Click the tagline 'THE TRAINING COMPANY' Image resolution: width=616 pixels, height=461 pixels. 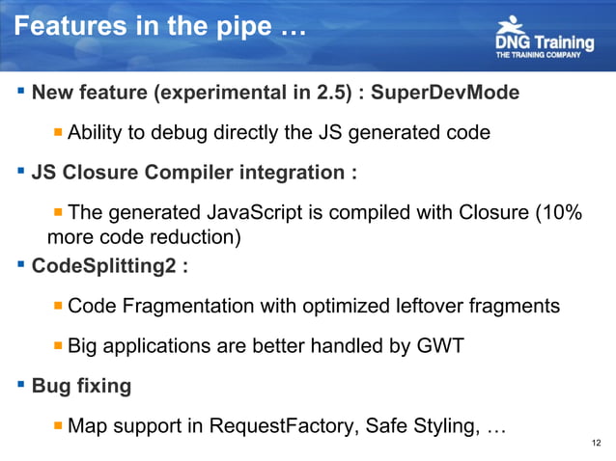coord(538,56)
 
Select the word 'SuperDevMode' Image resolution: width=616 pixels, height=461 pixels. coord(445,95)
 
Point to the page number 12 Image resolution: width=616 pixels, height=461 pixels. coord(595,443)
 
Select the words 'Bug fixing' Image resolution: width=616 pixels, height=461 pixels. coord(82,386)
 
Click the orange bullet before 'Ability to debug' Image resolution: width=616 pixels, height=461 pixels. coord(58,131)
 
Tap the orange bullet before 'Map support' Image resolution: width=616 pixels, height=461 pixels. coord(58,425)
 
